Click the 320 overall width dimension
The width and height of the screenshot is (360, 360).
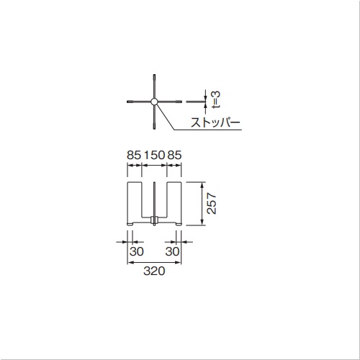point(154,271)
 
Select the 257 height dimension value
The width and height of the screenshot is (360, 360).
point(212,203)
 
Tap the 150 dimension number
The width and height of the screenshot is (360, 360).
point(154,155)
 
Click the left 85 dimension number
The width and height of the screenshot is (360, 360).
point(134,155)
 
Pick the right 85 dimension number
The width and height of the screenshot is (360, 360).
point(174,155)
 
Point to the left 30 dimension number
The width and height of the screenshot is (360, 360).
point(137,251)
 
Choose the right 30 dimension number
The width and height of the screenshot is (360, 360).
point(172,251)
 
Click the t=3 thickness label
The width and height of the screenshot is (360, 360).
point(216,99)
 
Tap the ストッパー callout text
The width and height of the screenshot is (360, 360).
point(215,122)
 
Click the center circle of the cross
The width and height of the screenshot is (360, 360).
point(154,102)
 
